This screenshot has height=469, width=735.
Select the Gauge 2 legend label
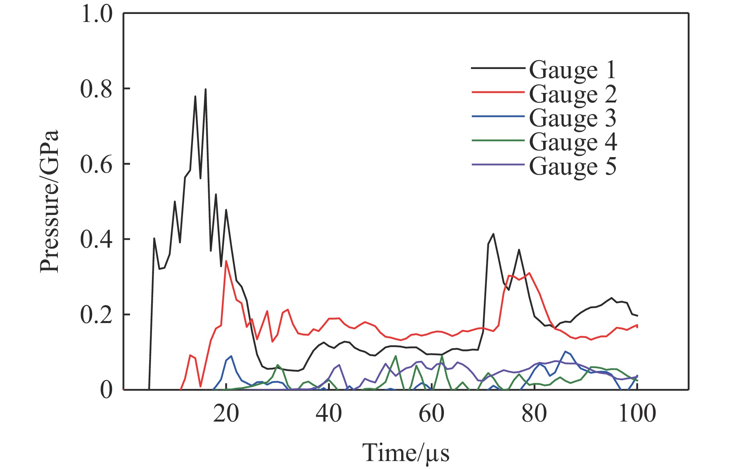[573, 94]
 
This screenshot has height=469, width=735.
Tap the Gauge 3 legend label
[572, 118]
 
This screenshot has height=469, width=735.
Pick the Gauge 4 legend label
[573, 142]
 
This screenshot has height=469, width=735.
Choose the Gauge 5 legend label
[572, 166]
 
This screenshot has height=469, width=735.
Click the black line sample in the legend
[498, 69]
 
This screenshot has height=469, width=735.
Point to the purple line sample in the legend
[498, 164]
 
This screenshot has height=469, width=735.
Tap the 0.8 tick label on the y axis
[97, 89]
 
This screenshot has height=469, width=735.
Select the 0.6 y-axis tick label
[97, 164]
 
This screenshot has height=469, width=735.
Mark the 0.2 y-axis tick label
[97, 315]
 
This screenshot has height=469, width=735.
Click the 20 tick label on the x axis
[226, 414]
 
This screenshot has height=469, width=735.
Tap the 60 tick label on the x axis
[432, 414]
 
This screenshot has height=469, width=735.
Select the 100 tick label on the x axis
[637, 414]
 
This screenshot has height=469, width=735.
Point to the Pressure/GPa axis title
[49, 201]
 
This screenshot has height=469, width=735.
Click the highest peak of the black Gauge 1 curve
[205, 89]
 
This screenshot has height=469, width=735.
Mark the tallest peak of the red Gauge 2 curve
[226, 261]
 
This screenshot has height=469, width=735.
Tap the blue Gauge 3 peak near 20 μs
[231, 356]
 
